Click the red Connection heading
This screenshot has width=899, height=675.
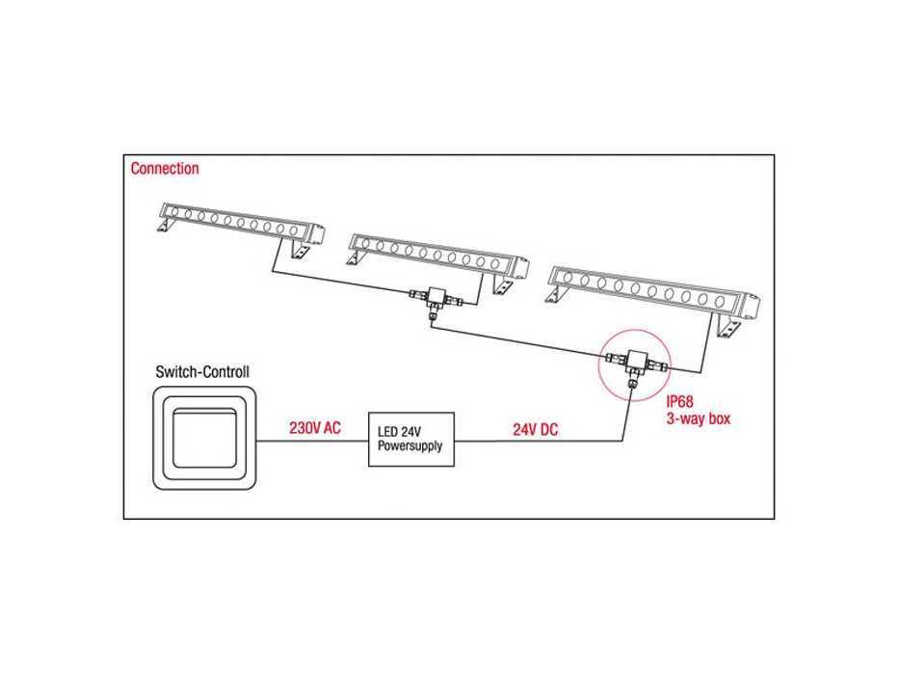(x=165, y=168)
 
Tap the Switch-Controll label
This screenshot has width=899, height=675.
(x=202, y=372)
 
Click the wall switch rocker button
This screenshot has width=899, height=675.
(x=204, y=439)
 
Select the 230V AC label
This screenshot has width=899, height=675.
(x=315, y=428)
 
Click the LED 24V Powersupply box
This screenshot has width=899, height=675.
(x=411, y=439)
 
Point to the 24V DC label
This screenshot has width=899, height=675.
(x=535, y=430)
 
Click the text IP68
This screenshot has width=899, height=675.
(x=679, y=402)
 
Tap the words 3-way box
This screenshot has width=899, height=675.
(x=699, y=418)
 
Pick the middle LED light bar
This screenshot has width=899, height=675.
(x=438, y=257)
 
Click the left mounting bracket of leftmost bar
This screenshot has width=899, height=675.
(x=165, y=226)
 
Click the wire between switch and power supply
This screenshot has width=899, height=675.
(x=312, y=441)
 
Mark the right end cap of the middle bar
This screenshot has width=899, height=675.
(x=520, y=268)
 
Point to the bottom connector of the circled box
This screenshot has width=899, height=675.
(x=633, y=380)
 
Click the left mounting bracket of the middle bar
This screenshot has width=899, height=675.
(x=356, y=258)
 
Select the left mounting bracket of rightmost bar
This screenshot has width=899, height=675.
(x=555, y=296)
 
